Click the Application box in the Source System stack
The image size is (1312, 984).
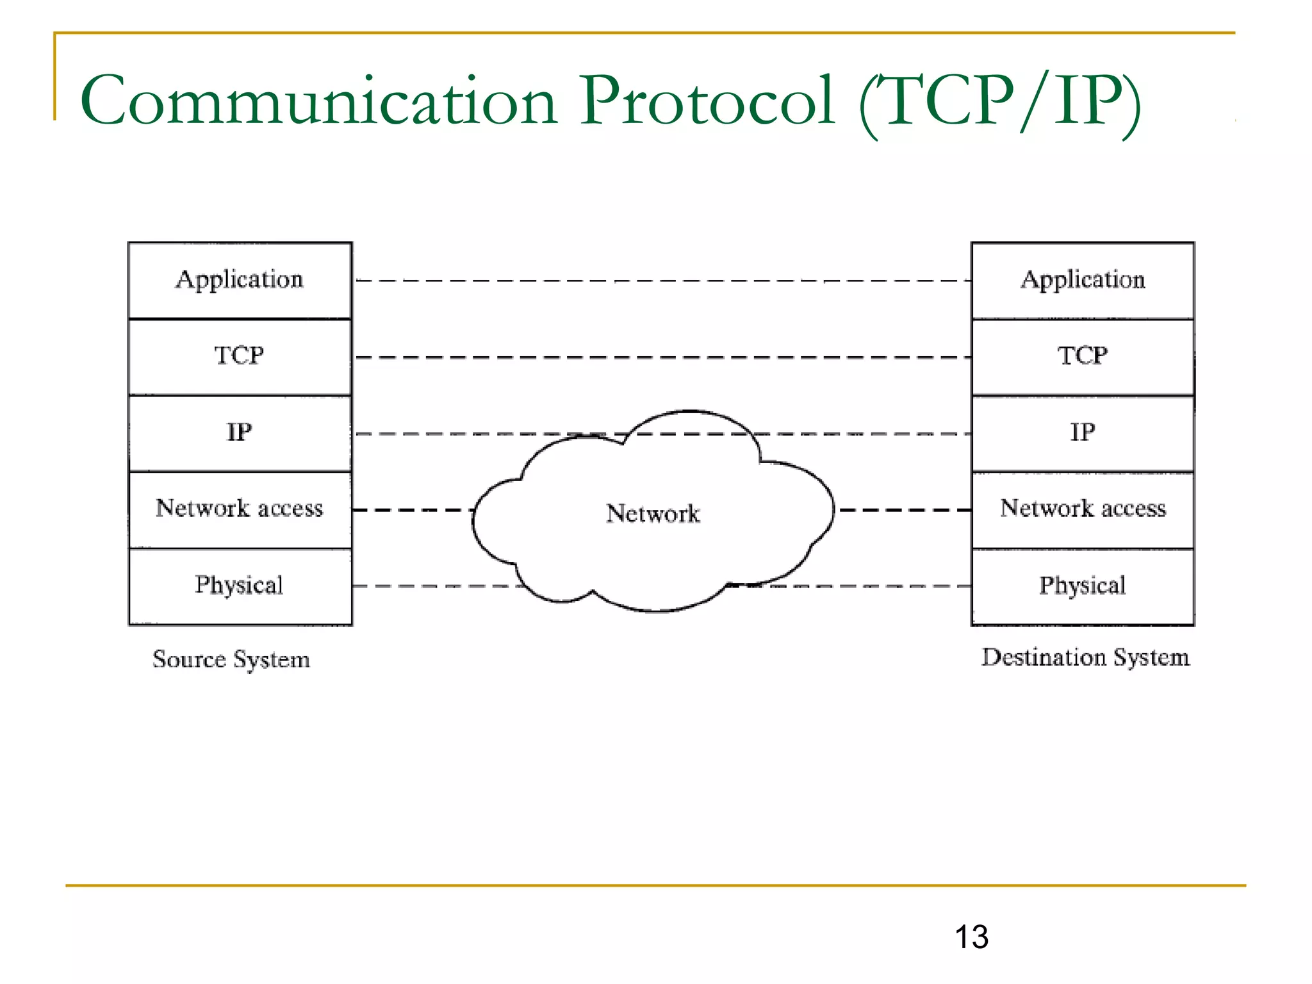tap(240, 280)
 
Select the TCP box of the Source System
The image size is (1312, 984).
tap(240, 356)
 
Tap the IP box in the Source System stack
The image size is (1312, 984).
tap(240, 432)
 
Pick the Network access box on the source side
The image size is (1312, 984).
tap(240, 509)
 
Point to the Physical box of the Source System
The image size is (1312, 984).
tap(240, 586)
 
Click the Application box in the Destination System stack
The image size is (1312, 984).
tap(1083, 280)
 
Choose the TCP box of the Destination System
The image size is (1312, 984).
tap(1083, 356)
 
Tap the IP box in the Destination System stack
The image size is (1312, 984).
tap(1083, 432)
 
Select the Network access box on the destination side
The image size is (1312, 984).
tap(1083, 509)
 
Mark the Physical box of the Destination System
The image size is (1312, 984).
tap(1083, 586)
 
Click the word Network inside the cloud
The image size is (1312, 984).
tap(653, 514)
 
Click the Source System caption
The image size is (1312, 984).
tap(231, 659)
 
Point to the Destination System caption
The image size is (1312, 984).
tap(1085, 657)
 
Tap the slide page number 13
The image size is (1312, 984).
tap(971, 937)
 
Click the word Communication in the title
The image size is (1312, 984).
tap(318, 101)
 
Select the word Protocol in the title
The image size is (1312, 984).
tap(707, 101)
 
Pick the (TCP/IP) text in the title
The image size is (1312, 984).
tap(999, 102)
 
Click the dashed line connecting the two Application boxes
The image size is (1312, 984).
tap(660, 281)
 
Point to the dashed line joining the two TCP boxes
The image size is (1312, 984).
tap(660, 357)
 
